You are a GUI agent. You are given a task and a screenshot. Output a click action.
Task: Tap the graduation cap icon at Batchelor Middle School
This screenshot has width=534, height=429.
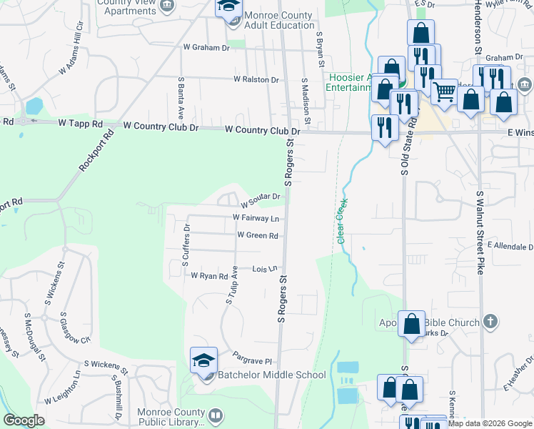(x=203, y=360)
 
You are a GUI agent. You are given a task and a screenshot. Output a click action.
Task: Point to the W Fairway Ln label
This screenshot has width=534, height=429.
(x=256, y=218)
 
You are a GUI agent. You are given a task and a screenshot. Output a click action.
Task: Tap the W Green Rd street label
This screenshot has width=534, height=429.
(x=258, y=235)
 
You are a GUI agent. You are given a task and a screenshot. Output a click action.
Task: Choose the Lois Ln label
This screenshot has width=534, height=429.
(x=264, y=269)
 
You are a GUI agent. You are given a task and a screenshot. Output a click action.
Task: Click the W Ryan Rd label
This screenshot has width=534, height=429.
(x=208, y=275)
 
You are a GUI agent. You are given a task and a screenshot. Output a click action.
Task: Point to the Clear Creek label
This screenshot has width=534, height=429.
(x=341, y=221)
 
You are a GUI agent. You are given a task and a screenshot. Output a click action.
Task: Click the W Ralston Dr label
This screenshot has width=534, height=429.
(x=256, y=80)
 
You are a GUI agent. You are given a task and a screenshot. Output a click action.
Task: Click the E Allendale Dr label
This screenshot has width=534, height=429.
(x=510, y=245)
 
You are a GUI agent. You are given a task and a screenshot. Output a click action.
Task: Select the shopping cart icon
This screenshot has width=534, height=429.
(x=444, y=91)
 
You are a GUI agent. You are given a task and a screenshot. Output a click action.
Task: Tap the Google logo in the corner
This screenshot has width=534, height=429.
(x=24, y=420)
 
